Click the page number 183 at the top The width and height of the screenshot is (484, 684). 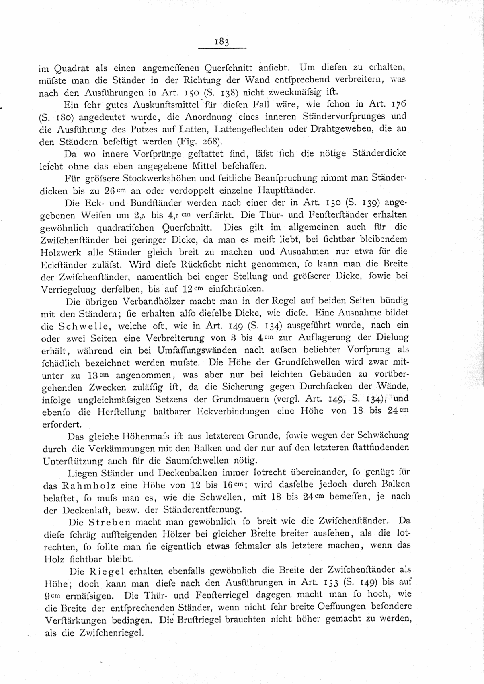(222, 42)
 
